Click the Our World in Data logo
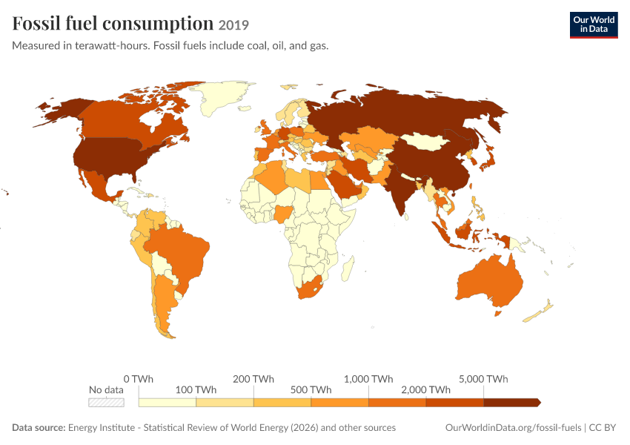tap(594, 25)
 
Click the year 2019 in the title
tap(233, 25)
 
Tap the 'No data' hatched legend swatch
tap(106, 403)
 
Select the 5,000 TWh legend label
tap(483, 379)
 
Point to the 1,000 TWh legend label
tap(368, 379)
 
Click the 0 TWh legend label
tap(138, 379)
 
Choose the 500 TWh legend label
tap(311, 390)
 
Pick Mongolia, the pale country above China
tap(425, 142)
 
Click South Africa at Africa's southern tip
tap(309, 287)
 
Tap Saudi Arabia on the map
tap(345, 184)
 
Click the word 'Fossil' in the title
tap(36, 23)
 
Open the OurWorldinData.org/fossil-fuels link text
tap(513, 427)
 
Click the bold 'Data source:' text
tap(39, 427)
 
